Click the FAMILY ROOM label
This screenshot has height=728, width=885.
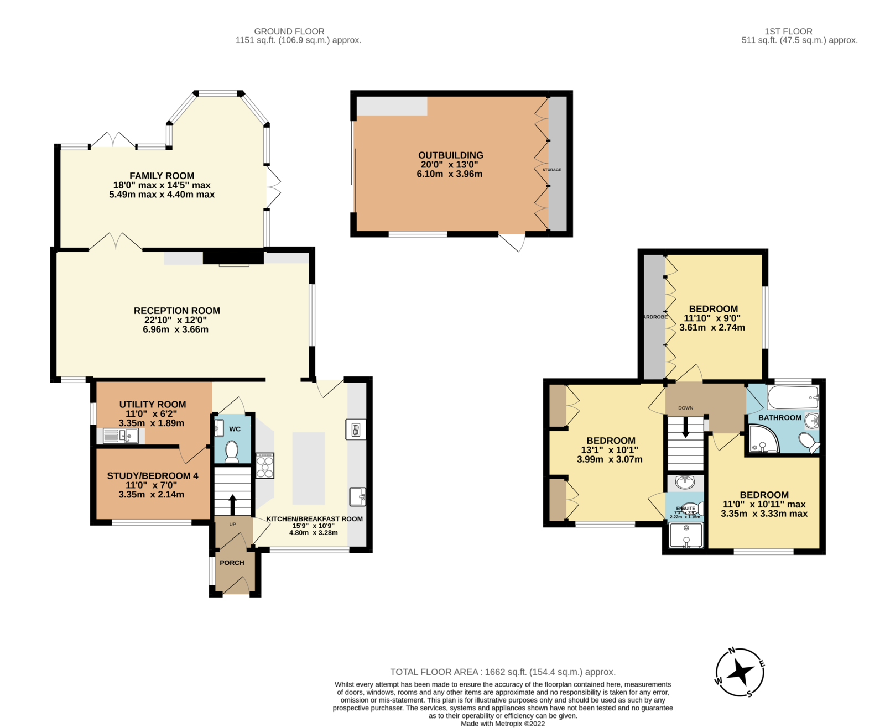(x=162, y=176)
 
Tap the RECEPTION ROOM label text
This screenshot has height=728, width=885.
(x=176, y=311)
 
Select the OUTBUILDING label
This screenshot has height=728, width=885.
(x=450, y=155)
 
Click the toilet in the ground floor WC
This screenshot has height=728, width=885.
(x=232, y=451)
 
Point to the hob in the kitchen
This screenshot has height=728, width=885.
(x=265, y=465)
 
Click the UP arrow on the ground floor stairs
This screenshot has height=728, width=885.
(x=232, y=505)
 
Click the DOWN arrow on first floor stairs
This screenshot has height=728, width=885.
(x=685, y=427)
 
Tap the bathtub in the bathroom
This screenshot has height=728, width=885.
(x=793, y=397)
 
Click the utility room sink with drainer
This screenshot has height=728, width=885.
(x=120, y=436)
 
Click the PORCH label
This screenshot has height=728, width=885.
(x=232, y=563)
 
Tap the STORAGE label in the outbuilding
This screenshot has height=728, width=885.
(x=551, y=170)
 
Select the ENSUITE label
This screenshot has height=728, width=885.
(x=685, y=508)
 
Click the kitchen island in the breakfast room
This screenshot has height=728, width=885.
(x=308, y=468)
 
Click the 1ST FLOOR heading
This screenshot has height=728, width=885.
(x=788, y=32)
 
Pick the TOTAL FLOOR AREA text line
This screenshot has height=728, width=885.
(x=502, y=672)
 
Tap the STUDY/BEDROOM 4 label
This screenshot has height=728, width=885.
(x=152, y=475)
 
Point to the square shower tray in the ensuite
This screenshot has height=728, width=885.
(x=686, y=535)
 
